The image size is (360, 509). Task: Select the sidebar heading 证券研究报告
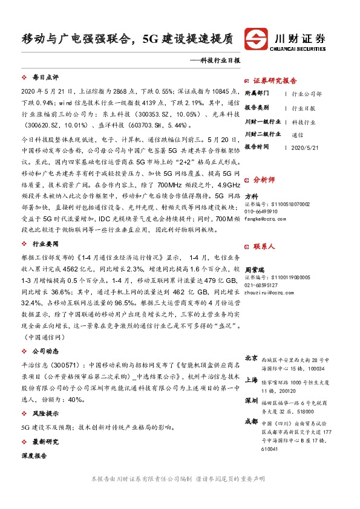[275, 80]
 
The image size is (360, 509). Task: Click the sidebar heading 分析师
[264, 180]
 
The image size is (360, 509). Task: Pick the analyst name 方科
[251, 196]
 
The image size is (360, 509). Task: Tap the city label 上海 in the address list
[251, 381]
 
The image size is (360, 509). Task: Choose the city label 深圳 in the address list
[251, 401]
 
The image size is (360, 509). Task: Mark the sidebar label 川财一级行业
[262, 122]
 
